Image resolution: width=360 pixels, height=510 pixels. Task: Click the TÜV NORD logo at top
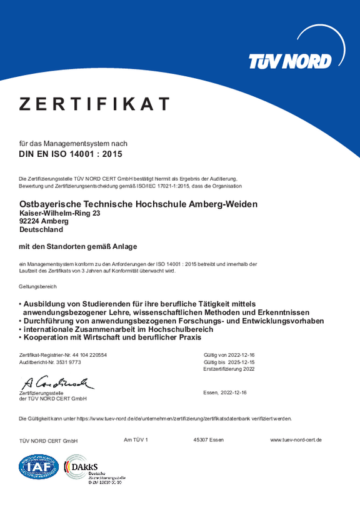click(290, 61)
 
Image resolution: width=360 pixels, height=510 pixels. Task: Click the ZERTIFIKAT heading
click(94, 104)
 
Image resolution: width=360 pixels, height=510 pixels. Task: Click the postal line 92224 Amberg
click(44, 221)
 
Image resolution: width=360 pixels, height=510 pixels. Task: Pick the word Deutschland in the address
click(41, 229)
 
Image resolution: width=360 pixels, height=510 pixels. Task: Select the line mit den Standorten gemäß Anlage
click(78, 246)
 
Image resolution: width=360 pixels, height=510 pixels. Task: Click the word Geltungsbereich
click(38, 287)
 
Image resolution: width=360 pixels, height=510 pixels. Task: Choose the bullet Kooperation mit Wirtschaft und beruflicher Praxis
click(112, 337)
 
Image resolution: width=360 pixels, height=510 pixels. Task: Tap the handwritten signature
click(57, 382)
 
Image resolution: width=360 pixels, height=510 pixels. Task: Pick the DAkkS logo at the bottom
click(92, 470)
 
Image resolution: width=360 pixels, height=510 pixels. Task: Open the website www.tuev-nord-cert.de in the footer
click(296, 440)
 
